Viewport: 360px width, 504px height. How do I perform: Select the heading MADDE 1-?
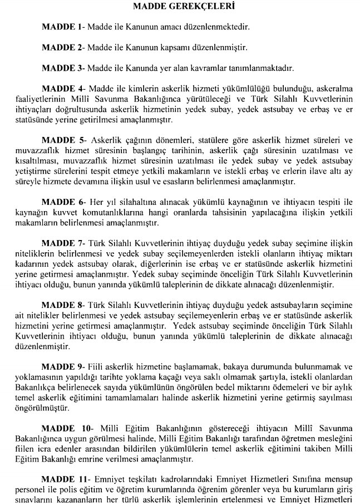[x=63, y=27]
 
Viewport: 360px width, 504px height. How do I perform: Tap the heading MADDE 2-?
[x=63, y=47]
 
